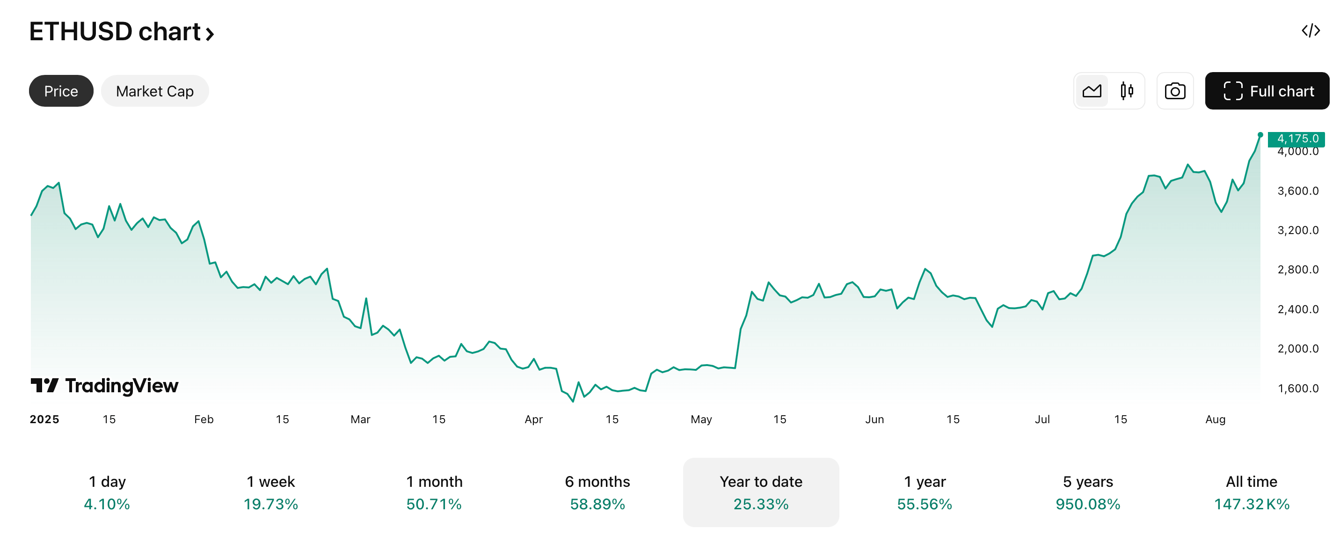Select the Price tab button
click(x=61, y=91)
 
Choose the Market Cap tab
click(x=154, y=91)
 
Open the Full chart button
click(x=1267, y=91)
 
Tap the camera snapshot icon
click(x=1174, y=91)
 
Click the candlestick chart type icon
click(x=1127, y=91)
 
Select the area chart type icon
click(x=1092, y=91)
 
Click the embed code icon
click(x=1311, y=31)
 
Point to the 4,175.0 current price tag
click(x=1296, y=139)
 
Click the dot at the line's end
click(x=1260, y=135)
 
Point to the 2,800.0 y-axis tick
click(x=1298, y=270)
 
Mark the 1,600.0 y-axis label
click(x=1298, y=389)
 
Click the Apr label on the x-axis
click(x=533, y=419)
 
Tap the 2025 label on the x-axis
click(x=44, y=419)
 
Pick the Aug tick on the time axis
click(x=1215, y=419)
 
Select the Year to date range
click(x=760, y=492)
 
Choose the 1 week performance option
click(x=270, y=492)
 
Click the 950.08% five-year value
click(x=1087, y=504)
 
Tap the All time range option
click(x=1251, y=492)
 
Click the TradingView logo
click(x=104, y=386)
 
